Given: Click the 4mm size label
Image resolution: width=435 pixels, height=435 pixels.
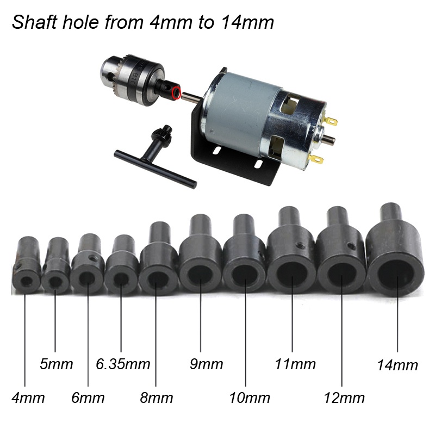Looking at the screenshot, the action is pos(28,397).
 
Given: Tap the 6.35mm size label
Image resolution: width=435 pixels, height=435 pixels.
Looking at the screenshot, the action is pos(123,364).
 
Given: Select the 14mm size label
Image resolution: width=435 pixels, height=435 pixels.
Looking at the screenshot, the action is pos(397,365).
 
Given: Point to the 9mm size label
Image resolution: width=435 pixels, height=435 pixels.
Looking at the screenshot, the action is pos(206,364).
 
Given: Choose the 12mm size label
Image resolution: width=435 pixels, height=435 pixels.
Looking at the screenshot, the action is pos(344,398).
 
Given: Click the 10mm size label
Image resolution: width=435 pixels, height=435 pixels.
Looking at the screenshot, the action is pos(250,398).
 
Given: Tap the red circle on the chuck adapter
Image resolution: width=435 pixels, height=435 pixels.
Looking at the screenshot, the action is pos(176,92).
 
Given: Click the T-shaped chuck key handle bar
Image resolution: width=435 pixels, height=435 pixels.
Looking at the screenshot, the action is pos(156,169).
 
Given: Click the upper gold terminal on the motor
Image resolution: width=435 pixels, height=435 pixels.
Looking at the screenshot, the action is pos(331,121).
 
